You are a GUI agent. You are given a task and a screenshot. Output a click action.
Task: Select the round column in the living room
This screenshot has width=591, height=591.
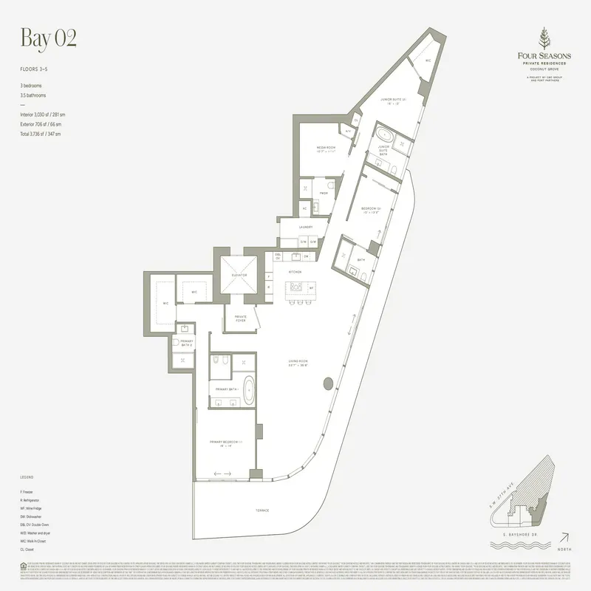pyautogui.click(x=327, y=384)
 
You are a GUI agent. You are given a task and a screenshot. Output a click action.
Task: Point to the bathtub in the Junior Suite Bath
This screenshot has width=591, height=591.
pyautogui.click(x=385, y=137)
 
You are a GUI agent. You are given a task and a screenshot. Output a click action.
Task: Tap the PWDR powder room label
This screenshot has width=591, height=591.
pyautogui.click(x=324, y=194)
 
